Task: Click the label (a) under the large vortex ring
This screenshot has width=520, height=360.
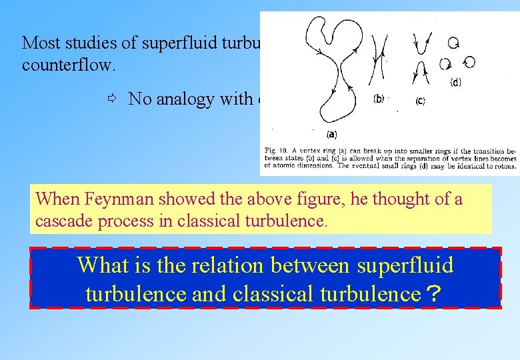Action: click(x=331, y=134)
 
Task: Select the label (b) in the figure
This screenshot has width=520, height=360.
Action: click(x=379, y=100)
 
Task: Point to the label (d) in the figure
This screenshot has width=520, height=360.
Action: click(x=455, y=83)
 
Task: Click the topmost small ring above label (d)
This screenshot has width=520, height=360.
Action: click(x=453, y=43)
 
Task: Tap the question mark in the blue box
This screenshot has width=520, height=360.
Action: click(x=434, y=293)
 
